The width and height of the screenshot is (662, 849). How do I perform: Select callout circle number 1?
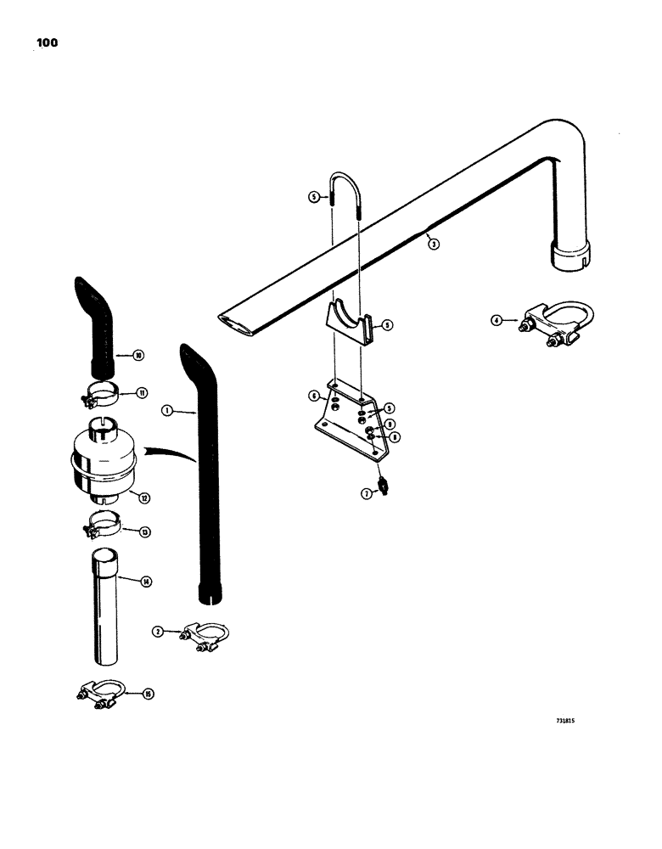click(166, 410)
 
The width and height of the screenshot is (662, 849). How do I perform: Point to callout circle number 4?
click(497, 320)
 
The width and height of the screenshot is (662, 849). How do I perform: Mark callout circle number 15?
click(149, 694)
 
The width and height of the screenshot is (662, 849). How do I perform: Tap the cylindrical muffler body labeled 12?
click(100, 459)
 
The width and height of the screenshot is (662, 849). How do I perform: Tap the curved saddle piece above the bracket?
click(350, 323)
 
